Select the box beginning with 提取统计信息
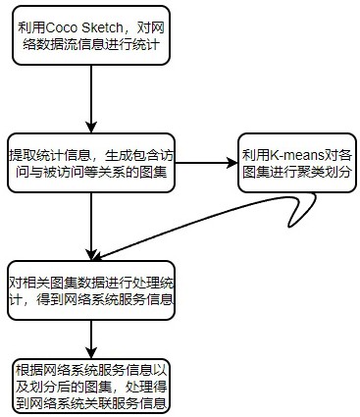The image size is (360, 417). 91,160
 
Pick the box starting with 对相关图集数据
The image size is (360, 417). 91,289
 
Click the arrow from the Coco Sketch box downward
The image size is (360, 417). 91,98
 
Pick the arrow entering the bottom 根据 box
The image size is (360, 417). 91,339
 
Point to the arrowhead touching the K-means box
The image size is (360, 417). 232,160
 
